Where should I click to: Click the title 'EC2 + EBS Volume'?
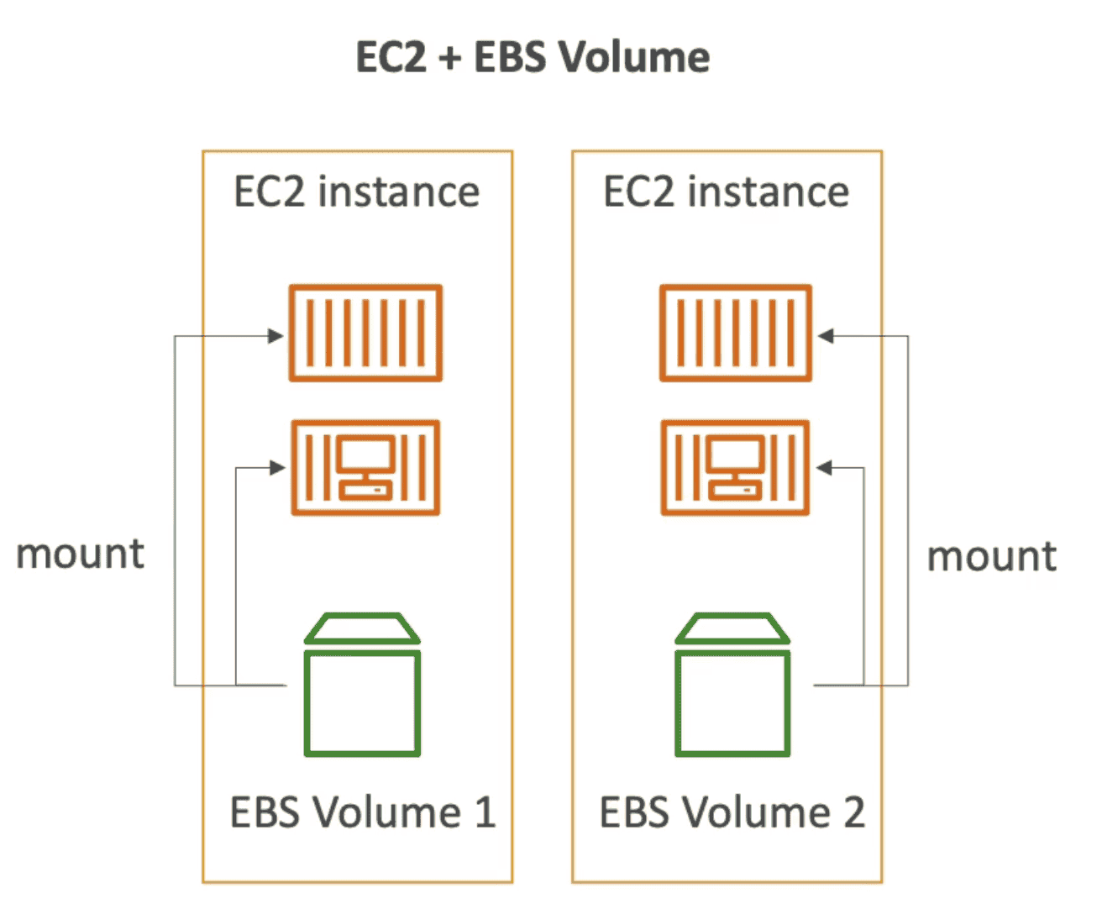tap(533, 58)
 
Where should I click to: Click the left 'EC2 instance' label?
tap(357, 192)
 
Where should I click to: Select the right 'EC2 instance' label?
tap(727, 192)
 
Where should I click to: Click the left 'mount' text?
tap(81, 554)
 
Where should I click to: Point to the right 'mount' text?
tap(992, 557)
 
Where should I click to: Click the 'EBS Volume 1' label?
tap(363, 812)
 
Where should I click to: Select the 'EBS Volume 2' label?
tap(732, 812)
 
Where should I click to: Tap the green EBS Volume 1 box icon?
tap(362, 685)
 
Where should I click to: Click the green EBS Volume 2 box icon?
tap(732, 685)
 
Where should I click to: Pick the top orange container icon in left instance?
tap(365, 334)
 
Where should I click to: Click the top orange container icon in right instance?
tap(736, 334)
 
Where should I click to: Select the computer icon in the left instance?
tap(365, 467)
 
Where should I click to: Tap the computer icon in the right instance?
tap(736, 467)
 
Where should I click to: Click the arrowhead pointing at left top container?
tap(276, 336)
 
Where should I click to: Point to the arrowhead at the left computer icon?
tap(277, 468)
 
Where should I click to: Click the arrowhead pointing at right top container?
tap(826, 336)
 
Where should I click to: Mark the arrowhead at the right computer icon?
tap(825, 468)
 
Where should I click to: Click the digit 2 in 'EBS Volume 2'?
tap(854, 812)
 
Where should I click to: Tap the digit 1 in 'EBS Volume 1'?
tap(485, 812)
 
